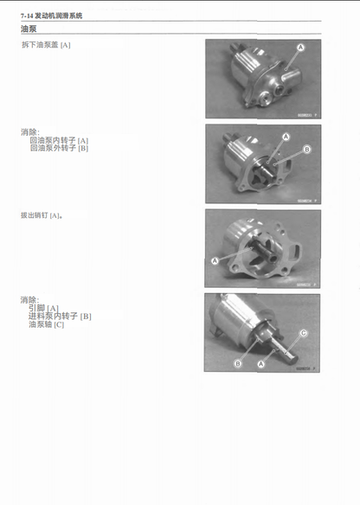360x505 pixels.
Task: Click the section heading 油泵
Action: click(x=29, y=29)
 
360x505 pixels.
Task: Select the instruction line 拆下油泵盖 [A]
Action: click(x=46, y=44)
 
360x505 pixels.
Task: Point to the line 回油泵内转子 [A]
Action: click(x=59, y=140)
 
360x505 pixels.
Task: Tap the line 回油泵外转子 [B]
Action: click(x=59, y=148)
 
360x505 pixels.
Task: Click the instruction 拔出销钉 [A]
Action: click(x=42, y=215)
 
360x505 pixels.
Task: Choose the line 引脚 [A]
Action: click(x=43, y=308)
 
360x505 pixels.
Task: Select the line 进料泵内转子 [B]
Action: click(x=60, y=316)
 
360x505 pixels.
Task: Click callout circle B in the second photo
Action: click(x=307, y=149)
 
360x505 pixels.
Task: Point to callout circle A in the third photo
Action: click(x=215, y=260)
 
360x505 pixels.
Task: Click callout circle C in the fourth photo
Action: click(x=303, y=332)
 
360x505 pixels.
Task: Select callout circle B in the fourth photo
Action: click(x=237, y=364)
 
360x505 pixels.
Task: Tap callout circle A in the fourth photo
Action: click(x=260, y=364)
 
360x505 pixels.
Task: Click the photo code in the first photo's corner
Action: click(x=307, y=114)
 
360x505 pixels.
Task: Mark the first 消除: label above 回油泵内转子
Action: click(x=29, y=132)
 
